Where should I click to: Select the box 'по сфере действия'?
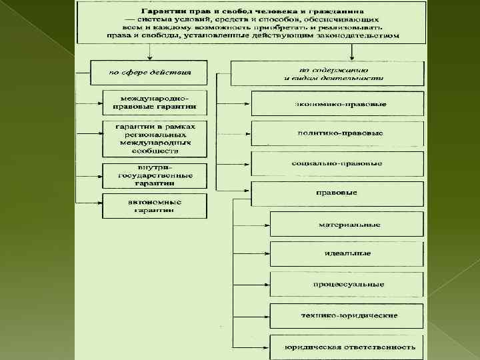pyautogui.click(x=150, y=71)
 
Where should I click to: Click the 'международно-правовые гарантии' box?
pyautogui.click(x=154, y=102)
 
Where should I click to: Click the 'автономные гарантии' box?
pyautogui.click(x=154, y=205)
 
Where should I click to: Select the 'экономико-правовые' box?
pyautogui.click(x=337, y=104)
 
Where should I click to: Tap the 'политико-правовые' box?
pyautogui.click(x=337, y=133)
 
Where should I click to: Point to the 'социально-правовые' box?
pyautogui.click(x=337, y=163)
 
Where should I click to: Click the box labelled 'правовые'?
pyautogui.click(x=337, y=193)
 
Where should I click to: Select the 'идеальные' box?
pyautogui.click(x=347, y=254)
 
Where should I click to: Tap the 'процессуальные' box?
pyautogui.click(x=347, y=284)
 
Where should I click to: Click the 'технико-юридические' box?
pyautogui.click(x=347, y=315)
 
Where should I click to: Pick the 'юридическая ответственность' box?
pyautogui.click(x=347, y=346)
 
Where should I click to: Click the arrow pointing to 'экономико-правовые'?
pyautogui.click(x=241, y=104)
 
